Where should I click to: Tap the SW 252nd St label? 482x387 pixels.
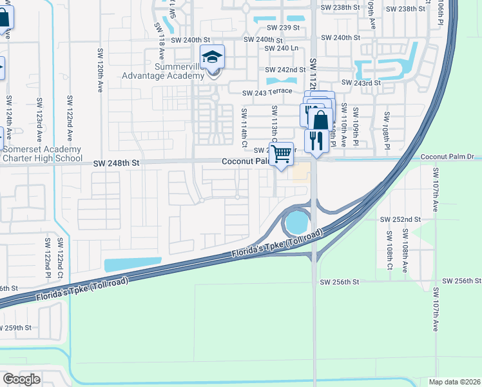[x=400, y=219]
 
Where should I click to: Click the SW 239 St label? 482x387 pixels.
[x=284, y=28]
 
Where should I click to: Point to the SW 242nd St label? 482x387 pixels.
[x=285, y=70]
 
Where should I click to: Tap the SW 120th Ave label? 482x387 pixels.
[x=101, y=71]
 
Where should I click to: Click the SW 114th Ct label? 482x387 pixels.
[x=244, y=122]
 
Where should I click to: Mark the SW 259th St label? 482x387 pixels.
[x=15, y=328]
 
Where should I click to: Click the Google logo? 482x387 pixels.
[x=21, y=379]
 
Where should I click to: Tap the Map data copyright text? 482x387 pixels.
[x=454, y=382]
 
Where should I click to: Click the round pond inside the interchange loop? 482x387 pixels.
[x=296, y=223]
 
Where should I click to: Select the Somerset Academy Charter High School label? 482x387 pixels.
[x=41, y=154]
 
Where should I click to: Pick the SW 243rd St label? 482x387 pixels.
[x=361, y=83]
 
